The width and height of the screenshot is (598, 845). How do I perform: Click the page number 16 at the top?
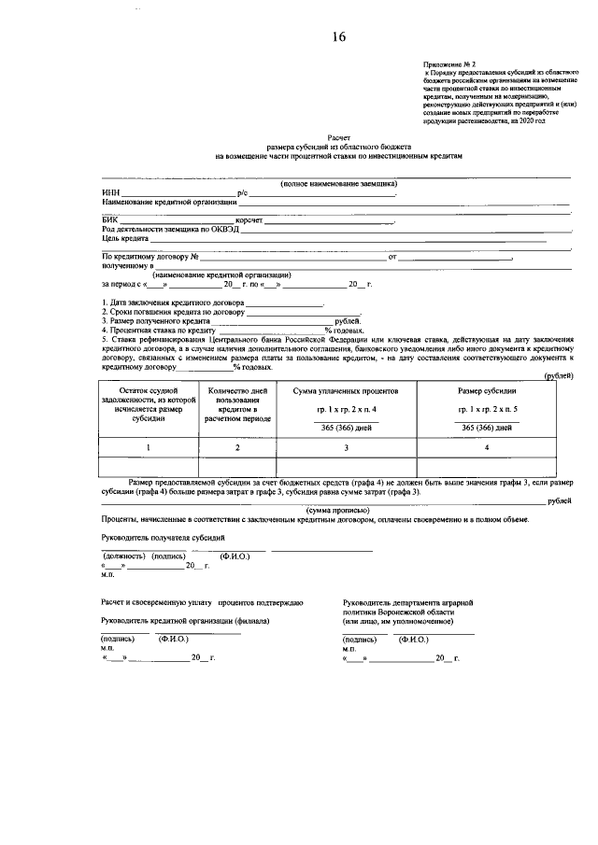point(337,37)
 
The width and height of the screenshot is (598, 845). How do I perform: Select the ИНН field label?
point(110,192)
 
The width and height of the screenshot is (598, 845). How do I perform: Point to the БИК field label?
point(110,220)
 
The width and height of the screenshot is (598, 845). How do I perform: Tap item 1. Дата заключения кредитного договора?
point(173,303)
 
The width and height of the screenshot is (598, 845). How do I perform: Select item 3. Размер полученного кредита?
point(157,320)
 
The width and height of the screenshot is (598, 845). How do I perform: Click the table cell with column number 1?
point(147,449)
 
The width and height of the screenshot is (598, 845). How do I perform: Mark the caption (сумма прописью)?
point(338,510)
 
